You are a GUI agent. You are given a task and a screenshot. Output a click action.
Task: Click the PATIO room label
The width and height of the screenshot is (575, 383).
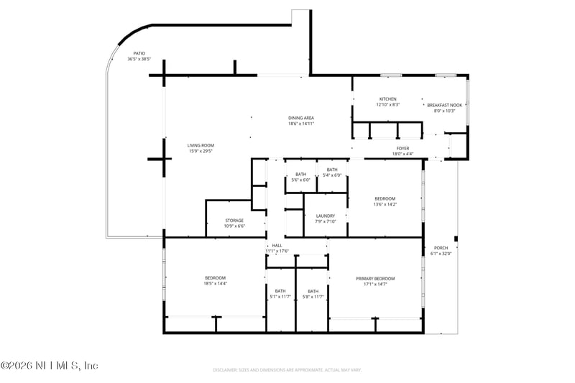point(139,54)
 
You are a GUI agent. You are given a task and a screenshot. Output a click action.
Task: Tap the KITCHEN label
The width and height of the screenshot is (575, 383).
point(387,99)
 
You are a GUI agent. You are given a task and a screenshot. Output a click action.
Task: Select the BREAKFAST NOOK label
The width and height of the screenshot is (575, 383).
point(445,105)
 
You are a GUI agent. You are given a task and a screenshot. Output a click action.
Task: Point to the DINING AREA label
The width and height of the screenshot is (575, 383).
point(301,118)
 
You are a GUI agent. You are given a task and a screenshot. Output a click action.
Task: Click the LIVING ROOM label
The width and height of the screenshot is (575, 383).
point(201,145)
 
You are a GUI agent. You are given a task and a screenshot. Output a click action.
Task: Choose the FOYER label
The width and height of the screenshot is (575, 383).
point(402,148)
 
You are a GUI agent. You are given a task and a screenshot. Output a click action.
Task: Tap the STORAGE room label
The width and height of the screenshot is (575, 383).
point(234,221)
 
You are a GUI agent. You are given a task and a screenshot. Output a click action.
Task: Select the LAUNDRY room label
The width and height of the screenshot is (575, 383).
point(326,216)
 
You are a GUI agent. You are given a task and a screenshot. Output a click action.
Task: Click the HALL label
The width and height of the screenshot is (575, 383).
point(277,246)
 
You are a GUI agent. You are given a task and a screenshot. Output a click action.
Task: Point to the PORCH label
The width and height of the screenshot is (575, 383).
point(441,248)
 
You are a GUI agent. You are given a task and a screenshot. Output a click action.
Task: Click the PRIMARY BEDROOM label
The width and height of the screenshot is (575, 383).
point(375,278)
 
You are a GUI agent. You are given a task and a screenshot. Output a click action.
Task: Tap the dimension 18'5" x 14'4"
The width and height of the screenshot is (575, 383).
point(216,284)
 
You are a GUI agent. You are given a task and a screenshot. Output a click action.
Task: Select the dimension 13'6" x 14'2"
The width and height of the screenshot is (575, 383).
point(385,204)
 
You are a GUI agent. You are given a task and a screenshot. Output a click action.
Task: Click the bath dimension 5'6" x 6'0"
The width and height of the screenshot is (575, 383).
point(300,180)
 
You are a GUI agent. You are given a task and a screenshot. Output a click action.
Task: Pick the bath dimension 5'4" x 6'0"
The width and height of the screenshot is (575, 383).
point(331,175)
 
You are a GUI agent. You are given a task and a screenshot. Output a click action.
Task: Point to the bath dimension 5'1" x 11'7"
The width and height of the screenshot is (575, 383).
point(280,297)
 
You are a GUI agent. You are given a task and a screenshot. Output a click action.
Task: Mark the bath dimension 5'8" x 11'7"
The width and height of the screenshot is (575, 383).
point(313,297)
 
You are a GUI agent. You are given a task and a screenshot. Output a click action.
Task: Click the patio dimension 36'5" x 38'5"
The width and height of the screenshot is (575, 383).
point(139,59)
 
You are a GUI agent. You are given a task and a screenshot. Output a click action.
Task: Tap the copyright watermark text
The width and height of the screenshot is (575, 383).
point(49,366)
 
